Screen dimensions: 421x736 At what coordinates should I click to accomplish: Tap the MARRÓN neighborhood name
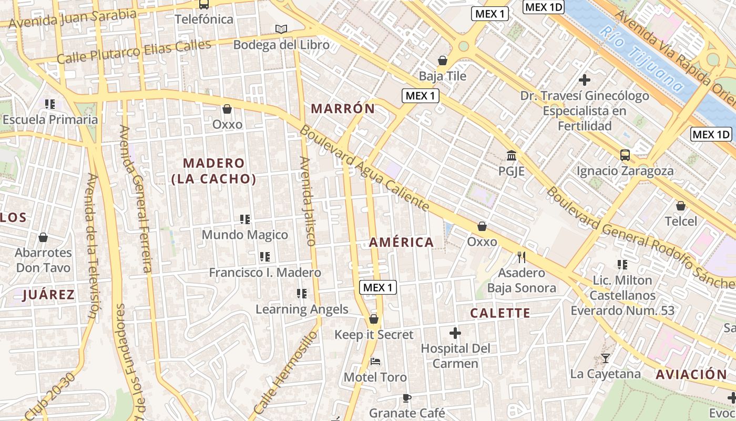pyautogui.click(x=343, y=109)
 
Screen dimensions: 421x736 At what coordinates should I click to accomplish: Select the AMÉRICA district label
pyautogui.click(x=402, y=242)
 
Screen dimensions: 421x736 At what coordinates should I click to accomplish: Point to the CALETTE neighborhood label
pyautogui.click(x=500, y=313)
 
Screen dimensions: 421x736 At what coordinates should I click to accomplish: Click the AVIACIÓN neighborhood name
pyautogui.click(x=691, y=375)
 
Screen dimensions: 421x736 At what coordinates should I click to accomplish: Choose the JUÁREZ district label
pyautogui.click(x=48, y=295)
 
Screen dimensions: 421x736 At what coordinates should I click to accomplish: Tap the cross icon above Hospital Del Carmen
pyautogui.click(x=455, y=333)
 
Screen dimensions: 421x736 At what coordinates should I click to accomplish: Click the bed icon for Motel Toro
pyautogui.click(x=375, y=362)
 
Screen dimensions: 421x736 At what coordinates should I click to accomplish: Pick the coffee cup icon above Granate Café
pyautogui.click(x=406, y=397)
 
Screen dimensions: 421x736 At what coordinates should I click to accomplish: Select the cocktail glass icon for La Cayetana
pyautogui.click(x=606, y=358)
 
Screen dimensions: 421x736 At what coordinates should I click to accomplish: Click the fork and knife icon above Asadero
pyautogui.click(x=522, y=257)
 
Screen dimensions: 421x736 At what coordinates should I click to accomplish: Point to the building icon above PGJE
pyautogui.click(x=511, y=156)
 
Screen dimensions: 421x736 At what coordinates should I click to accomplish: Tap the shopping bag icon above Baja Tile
pyautogui.click(x=443, y=61)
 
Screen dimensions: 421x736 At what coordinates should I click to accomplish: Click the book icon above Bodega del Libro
pyautogui.click(x=281, y=29)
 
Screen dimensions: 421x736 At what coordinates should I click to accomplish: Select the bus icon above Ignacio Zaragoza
pyautogui.click(x=625, y=155)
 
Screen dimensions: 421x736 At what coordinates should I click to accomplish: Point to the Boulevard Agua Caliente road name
pyautogui.click(x=365, y=168)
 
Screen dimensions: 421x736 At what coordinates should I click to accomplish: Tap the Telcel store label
pyautogui.click(x=681, y=221)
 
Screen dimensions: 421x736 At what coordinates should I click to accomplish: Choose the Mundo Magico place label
pyautogui.click(x=245, y=235)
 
